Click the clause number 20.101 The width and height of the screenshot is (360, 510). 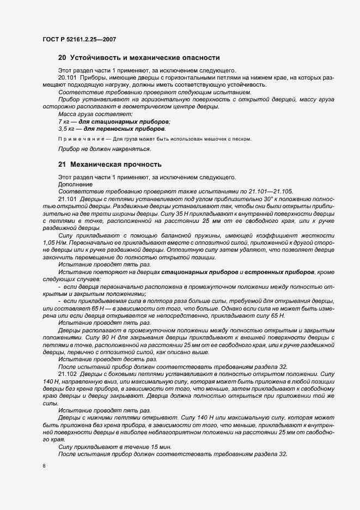pyautogui.click(x=68, y=78)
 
